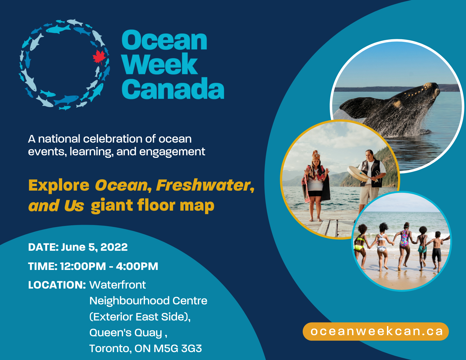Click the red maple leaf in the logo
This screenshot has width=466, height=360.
click(x=99, y=57)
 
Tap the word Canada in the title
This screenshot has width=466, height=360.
click(x=173, y=88)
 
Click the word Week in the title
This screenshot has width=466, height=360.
click(x=160, y=64)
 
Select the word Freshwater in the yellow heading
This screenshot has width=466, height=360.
click(x=205, y=185)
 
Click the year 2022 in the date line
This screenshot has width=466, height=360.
click(x=114, y=247)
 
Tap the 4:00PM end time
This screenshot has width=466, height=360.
click(x=137, y=266)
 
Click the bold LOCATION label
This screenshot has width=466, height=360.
click(x=57, y=285)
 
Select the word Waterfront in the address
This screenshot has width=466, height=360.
click(x=117, y=285)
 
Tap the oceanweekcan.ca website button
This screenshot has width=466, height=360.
click(x=376, y=331)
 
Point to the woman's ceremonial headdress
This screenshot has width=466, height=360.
click(x=316, y=155)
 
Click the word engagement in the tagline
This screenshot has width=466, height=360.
click(x=172, y=152)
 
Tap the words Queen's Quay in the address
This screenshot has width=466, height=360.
click(x=126, y=333)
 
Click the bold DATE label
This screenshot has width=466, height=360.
click(x=43, y=247)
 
